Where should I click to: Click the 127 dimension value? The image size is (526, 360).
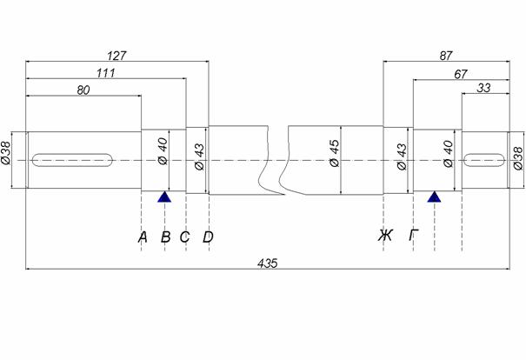click(117, 56)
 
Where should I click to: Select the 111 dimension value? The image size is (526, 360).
click(106, 73)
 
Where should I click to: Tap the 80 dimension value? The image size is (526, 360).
click(83, 90)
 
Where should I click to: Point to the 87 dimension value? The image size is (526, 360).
click(446, 56)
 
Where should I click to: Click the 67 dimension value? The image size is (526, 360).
click(461, 74)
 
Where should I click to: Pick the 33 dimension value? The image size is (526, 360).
click(483, 88)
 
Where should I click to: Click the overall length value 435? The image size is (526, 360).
click(268, 263)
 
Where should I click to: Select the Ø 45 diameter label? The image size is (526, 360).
click(335, 153)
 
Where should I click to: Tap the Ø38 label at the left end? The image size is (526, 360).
click(6, 153)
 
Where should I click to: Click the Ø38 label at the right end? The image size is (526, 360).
click(518, 158)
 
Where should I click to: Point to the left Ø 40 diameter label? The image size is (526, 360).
click(163, 151)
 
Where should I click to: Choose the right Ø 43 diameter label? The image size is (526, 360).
click(402, 157)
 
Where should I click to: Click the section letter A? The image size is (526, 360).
click(143, 237)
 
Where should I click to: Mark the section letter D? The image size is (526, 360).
click(208, 237)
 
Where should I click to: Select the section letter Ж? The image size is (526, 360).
click(385, 235)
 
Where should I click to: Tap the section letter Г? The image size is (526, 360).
click(414, 235)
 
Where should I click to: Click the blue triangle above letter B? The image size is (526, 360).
click(164, 197)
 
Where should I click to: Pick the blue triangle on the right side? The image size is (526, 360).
click(434, 197)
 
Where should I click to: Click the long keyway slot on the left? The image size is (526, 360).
click(72, 160)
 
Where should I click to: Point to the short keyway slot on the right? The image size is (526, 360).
click(484, 160)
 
